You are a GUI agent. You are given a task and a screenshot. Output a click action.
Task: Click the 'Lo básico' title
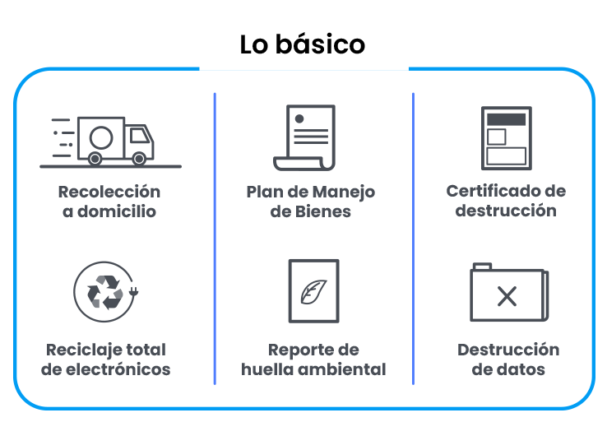pyautogui.click(x=303, y=44)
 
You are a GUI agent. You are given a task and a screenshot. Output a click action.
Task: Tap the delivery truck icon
pyautogui.click(x=110, y=140)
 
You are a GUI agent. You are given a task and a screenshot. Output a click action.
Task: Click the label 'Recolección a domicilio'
pyautogui.click(x=109, y=202)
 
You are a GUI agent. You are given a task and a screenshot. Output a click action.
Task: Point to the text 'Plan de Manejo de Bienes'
pyautogui.click(x=311, y=202)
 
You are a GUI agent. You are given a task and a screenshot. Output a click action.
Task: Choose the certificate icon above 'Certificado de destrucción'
pyautogui.click(x=506, y=137)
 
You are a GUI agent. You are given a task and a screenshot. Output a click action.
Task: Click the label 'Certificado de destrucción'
pyautogui.click(x=507, y=200)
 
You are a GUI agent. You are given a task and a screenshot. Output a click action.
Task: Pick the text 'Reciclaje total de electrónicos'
pyautogui.click(x=106, y=359)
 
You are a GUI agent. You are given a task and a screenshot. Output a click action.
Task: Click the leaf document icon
pyautogui.click(x=313, y=290)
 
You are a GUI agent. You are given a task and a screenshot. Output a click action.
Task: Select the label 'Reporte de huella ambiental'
pyautogui.click(x=313, y=359)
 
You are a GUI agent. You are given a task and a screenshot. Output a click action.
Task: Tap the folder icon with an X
pyautogui.click(x=507, y=293)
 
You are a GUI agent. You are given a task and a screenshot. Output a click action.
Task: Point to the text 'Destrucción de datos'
pyautogui.click(x=508, y=359)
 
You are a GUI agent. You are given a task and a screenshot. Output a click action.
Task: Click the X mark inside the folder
pyautogui.click(x=507, y=296)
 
